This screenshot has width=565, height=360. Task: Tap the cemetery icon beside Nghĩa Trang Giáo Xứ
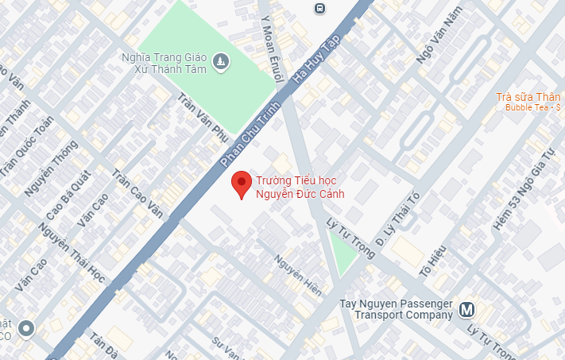click(x=220, y=60)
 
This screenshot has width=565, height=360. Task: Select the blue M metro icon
click(x=467, y=310)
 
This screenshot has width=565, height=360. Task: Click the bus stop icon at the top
click(x=319, y=8)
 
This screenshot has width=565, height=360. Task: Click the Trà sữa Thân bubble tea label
click(x=527, y=98)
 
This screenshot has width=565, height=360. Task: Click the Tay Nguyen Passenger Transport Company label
click(x=396, y=309)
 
